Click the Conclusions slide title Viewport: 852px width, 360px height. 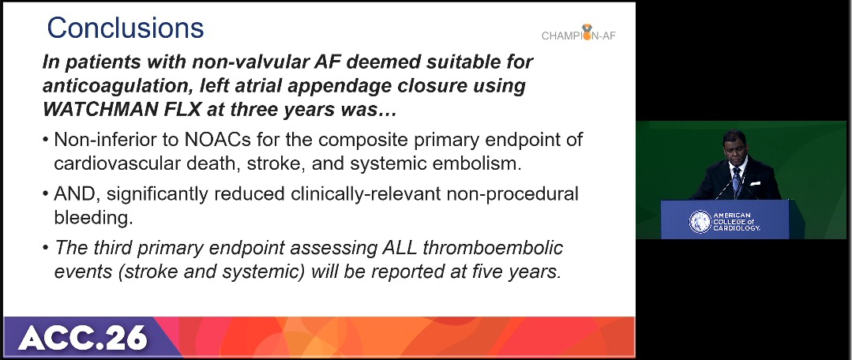[x=126, y=28]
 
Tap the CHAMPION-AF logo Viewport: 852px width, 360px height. [x=579, y=34]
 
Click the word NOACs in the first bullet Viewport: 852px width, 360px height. [x=217, y=140]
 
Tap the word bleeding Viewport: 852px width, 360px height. [x=93, y=218]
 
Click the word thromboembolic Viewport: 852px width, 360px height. [x=493, y=248]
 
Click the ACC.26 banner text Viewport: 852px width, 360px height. [x=83, y=337]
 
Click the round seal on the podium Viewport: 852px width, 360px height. [x=700, y=222]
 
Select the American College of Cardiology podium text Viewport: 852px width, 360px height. [x=737, y=222]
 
